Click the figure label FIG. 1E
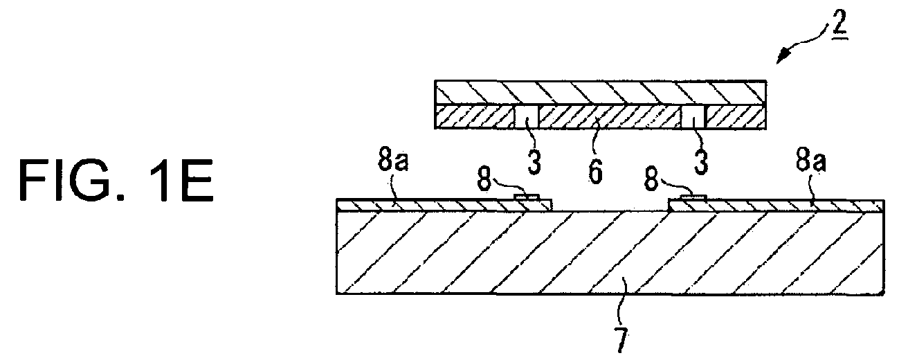pos(116,180)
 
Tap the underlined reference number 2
pos(839,24)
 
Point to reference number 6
pos(596,171)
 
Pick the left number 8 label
pos(484,179)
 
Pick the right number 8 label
pos(651,179)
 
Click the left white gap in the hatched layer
pos(526,117)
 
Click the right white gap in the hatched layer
pos(693,117)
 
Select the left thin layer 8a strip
pos(444,205)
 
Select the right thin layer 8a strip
pos(776,206)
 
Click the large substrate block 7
pos(610,253)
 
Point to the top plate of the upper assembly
pos(601,93)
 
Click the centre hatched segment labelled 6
pos(610,117)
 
